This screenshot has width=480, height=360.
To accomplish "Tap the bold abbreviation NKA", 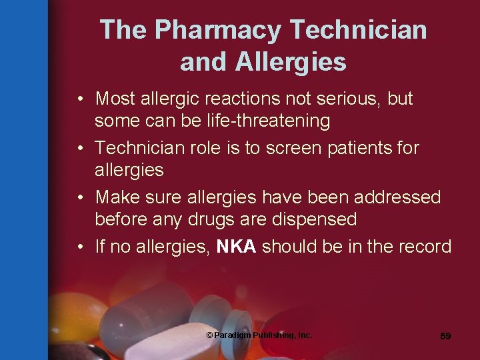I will click(x=237, y=247).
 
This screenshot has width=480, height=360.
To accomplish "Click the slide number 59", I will click(x=445, y=336).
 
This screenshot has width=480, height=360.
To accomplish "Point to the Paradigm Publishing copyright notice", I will click(x=259, y=335).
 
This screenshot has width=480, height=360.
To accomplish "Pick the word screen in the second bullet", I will click(x=295, y=148).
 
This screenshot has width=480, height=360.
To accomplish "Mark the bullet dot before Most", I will click(x=79, y=99).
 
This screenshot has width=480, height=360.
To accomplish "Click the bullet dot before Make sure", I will click(x=79, y=198).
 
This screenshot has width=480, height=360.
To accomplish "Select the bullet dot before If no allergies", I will click(x=79, y=247).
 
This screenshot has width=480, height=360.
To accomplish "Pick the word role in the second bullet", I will click(x=205, y=148).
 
